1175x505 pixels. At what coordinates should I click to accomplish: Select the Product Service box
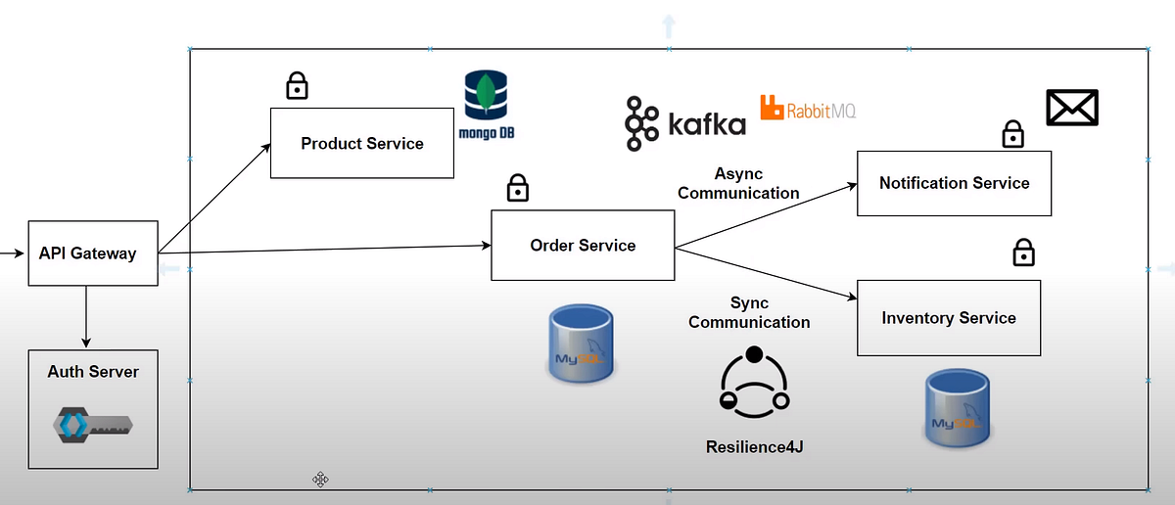tap(361, 143)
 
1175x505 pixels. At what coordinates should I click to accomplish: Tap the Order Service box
tap(583, 245)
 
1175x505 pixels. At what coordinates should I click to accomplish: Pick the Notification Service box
tap(954, 183)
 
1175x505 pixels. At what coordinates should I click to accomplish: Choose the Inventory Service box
tap(948, 318)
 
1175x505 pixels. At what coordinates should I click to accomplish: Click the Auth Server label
tap(93, 372)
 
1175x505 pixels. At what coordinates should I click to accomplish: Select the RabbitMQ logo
tap(808, 109)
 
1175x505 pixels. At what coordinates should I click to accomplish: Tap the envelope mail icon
tap(1072, 108)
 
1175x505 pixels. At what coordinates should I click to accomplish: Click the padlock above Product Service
tap(297, 86)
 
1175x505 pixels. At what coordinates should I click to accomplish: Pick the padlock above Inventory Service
tap(1023, 252)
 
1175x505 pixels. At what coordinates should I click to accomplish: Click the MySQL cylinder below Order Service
tap(581, 342)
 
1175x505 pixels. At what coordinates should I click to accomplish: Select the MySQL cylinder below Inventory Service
tap(958, 408)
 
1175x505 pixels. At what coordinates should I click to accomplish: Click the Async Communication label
tap(738, 182)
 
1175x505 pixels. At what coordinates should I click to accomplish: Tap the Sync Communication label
tap(749, 312)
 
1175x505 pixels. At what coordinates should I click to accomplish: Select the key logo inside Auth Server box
tap(92, 425)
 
